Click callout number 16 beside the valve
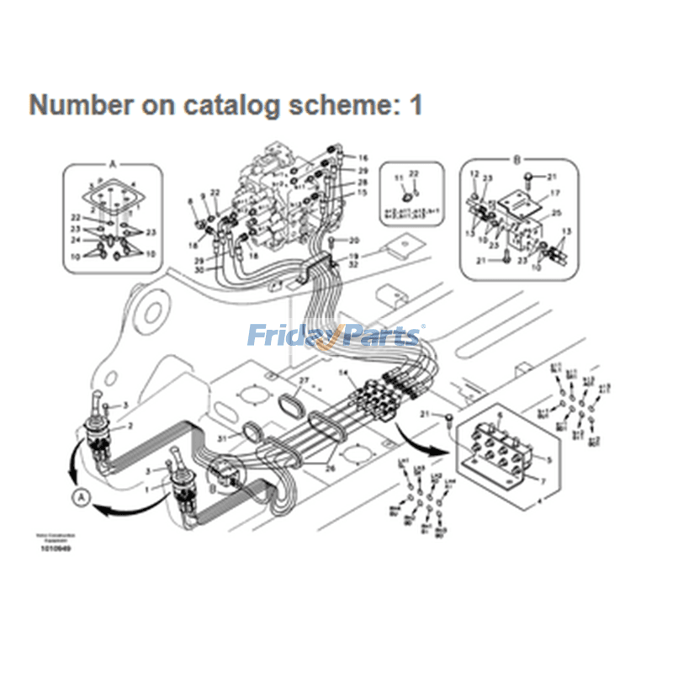pyautogui.click(x=363, y=158)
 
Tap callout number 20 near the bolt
pyautogui.click(x=354, y=241)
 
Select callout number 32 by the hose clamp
pyautogui.click(x=354, y=263)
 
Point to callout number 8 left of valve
pyautogui.click(x=191, y=200)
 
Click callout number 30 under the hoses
pyautogui.click(x=199, y=269)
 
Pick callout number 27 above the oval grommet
pyautogui.click(x=305, y=382)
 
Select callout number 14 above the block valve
pyautogui.click(x=343, y=372)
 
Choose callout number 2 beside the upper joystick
pyautogui.click(x=130, y=426)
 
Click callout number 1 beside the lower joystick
pyautogui.click(x=148, y=488)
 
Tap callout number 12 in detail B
pyautogui.click(x=474, y=174)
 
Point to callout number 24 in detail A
pyautogui.click(x=76, y=240)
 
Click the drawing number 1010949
pyautogui.click(x=56, y=548)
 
